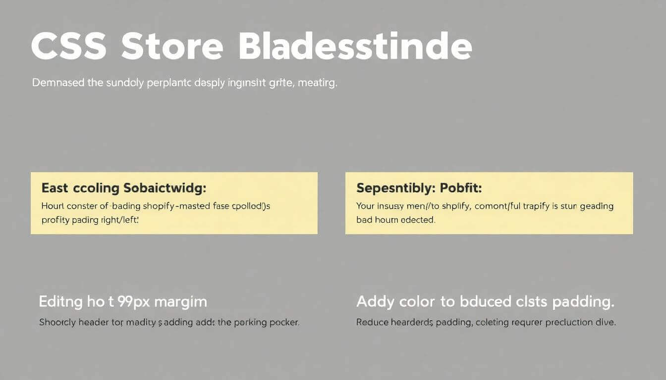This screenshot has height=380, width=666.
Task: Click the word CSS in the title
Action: click(x=68, y=47)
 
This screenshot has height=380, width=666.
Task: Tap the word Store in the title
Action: click(x=171, y=47)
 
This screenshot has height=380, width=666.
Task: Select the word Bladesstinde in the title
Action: click(x=355, y=47)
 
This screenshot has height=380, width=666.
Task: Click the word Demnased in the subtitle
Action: click(x=57, y=83)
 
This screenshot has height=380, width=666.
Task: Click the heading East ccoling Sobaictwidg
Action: click(x=123, y=188)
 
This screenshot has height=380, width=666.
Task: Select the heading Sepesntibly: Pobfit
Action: click(x=419, y=188)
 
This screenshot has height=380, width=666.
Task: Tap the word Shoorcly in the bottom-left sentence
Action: click(x=57, y=323)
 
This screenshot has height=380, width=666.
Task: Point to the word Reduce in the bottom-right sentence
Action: click(x=372, y=323)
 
